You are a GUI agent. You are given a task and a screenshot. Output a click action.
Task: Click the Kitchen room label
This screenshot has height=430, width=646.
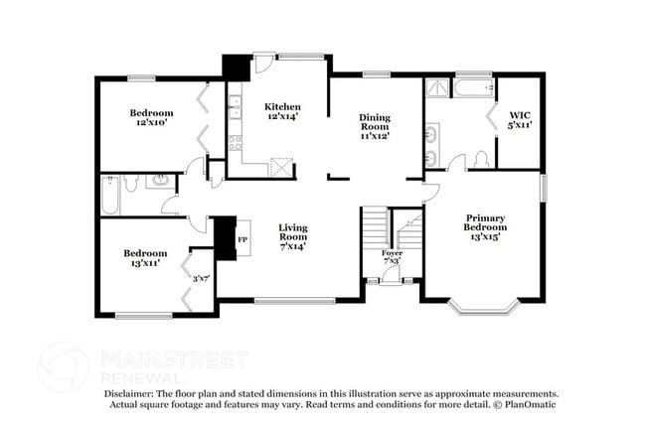pos(282,111)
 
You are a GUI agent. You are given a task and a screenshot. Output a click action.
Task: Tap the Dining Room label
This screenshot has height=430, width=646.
pos(375,126)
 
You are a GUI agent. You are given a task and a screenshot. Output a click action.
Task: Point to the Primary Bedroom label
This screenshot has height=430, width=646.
pos(485,227)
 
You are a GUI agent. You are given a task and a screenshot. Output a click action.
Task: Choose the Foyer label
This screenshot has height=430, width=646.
pos(393,256)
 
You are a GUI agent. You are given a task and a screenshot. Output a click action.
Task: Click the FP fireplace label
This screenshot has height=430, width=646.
pos(242,238)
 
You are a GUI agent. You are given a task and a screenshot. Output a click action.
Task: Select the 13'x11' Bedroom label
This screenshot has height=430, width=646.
pos(145,258)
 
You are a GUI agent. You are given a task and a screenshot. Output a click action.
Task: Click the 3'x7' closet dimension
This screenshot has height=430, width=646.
pos(202,279)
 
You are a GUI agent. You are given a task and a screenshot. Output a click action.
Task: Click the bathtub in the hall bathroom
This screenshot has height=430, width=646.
pos(110,194)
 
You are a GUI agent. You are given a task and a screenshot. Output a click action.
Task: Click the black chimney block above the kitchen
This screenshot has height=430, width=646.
pos(237,67)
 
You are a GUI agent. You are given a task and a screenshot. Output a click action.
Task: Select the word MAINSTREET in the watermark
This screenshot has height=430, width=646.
pos(173,359)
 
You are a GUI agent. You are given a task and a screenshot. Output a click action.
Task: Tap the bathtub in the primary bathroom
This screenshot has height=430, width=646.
pos(474,89)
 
